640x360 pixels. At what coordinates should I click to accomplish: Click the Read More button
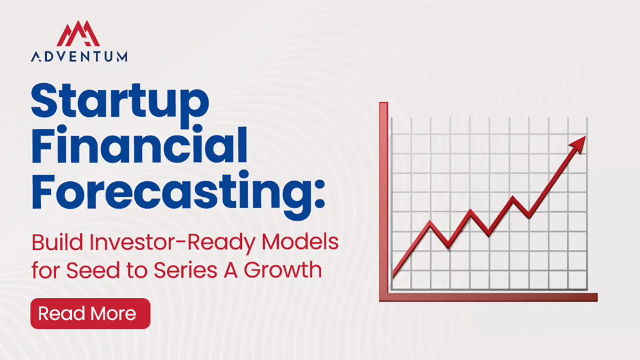click(x=90, y=314)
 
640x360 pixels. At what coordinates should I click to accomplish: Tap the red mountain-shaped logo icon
click(x=78, y=34)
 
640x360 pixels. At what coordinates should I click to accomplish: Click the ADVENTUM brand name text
click(x=79, y=56)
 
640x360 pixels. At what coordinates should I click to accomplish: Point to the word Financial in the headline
click(x=139, y=144)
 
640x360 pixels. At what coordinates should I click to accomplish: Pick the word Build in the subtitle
click(x=57, y=242)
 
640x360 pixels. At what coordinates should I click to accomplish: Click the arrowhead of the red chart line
click(x=579, y=144)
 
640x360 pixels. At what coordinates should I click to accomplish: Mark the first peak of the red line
click(x=430, y=222)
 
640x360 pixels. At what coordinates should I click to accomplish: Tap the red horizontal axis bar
click(x=489, y=297)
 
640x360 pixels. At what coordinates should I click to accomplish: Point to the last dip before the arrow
click(x=529, y=216)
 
